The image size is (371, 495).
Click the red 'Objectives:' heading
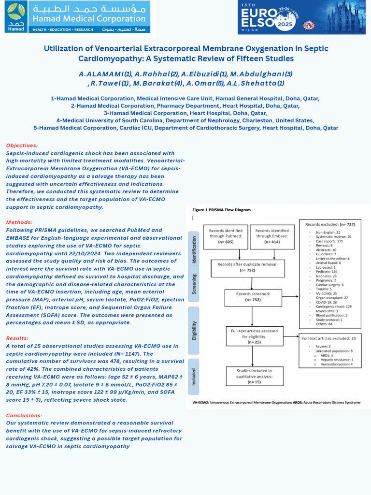(21, 146)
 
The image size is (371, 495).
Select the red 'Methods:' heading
(19, 222)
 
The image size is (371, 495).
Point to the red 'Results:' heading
(17, 338)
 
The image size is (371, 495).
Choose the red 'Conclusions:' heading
(24, 415)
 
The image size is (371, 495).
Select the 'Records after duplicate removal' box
(247, 267)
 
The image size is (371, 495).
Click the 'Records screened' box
(253, 296)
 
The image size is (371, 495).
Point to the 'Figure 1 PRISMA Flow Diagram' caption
(221, 210)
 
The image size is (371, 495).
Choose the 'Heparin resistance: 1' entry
(336, 359)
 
